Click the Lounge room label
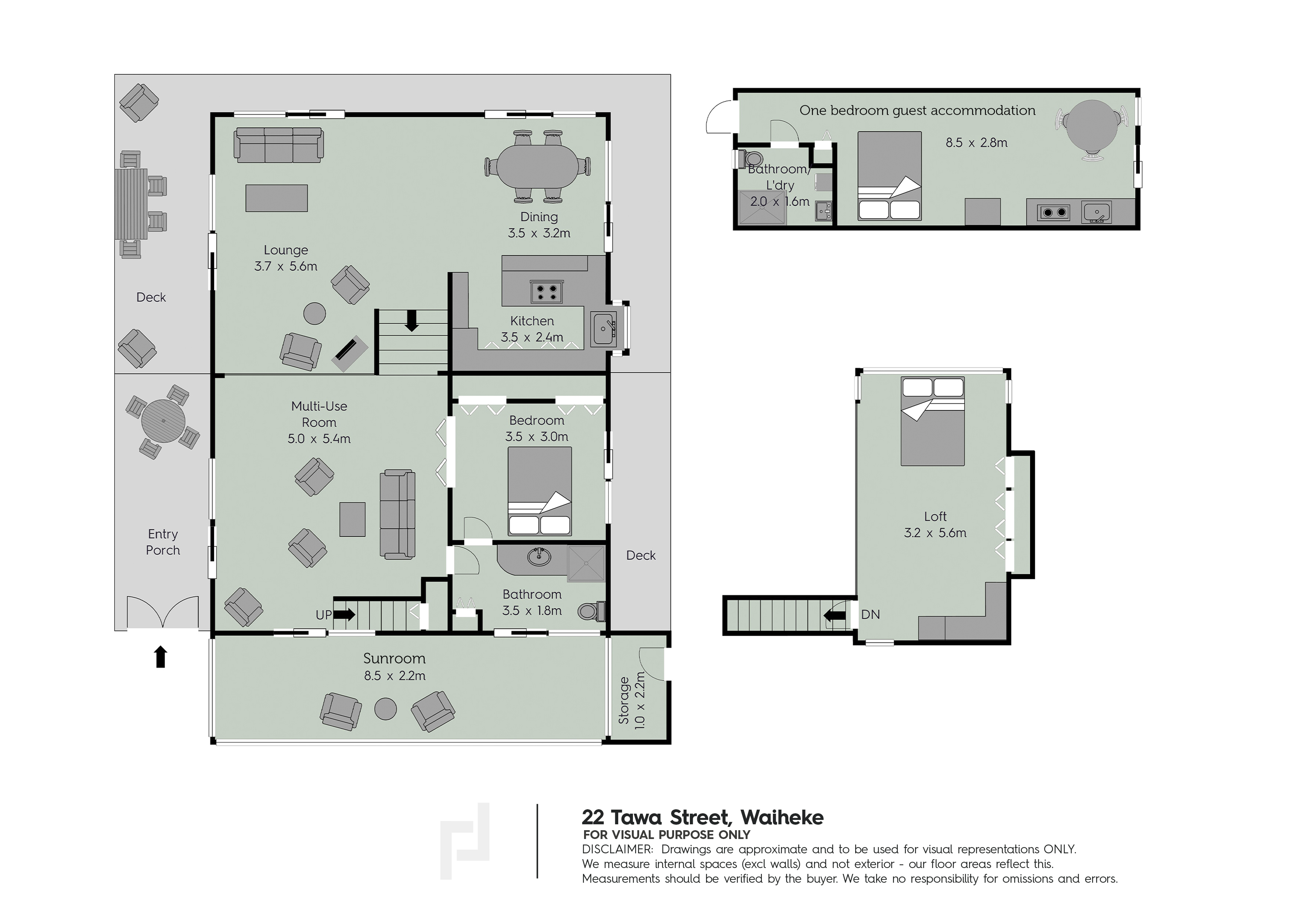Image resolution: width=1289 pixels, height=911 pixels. (x=286, y=251)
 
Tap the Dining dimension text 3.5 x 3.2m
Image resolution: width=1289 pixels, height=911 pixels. (x=539, y=233)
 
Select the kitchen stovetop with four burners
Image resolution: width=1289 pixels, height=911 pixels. (x=546, y=292)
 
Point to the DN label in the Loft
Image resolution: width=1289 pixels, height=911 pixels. (x=870, y=615)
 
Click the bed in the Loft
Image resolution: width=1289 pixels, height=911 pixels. (x=933, y=421)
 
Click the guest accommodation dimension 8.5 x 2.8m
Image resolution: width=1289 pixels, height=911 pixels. (x=976, y=143)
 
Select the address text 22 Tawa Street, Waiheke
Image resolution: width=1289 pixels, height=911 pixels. (x=702, y=817)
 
